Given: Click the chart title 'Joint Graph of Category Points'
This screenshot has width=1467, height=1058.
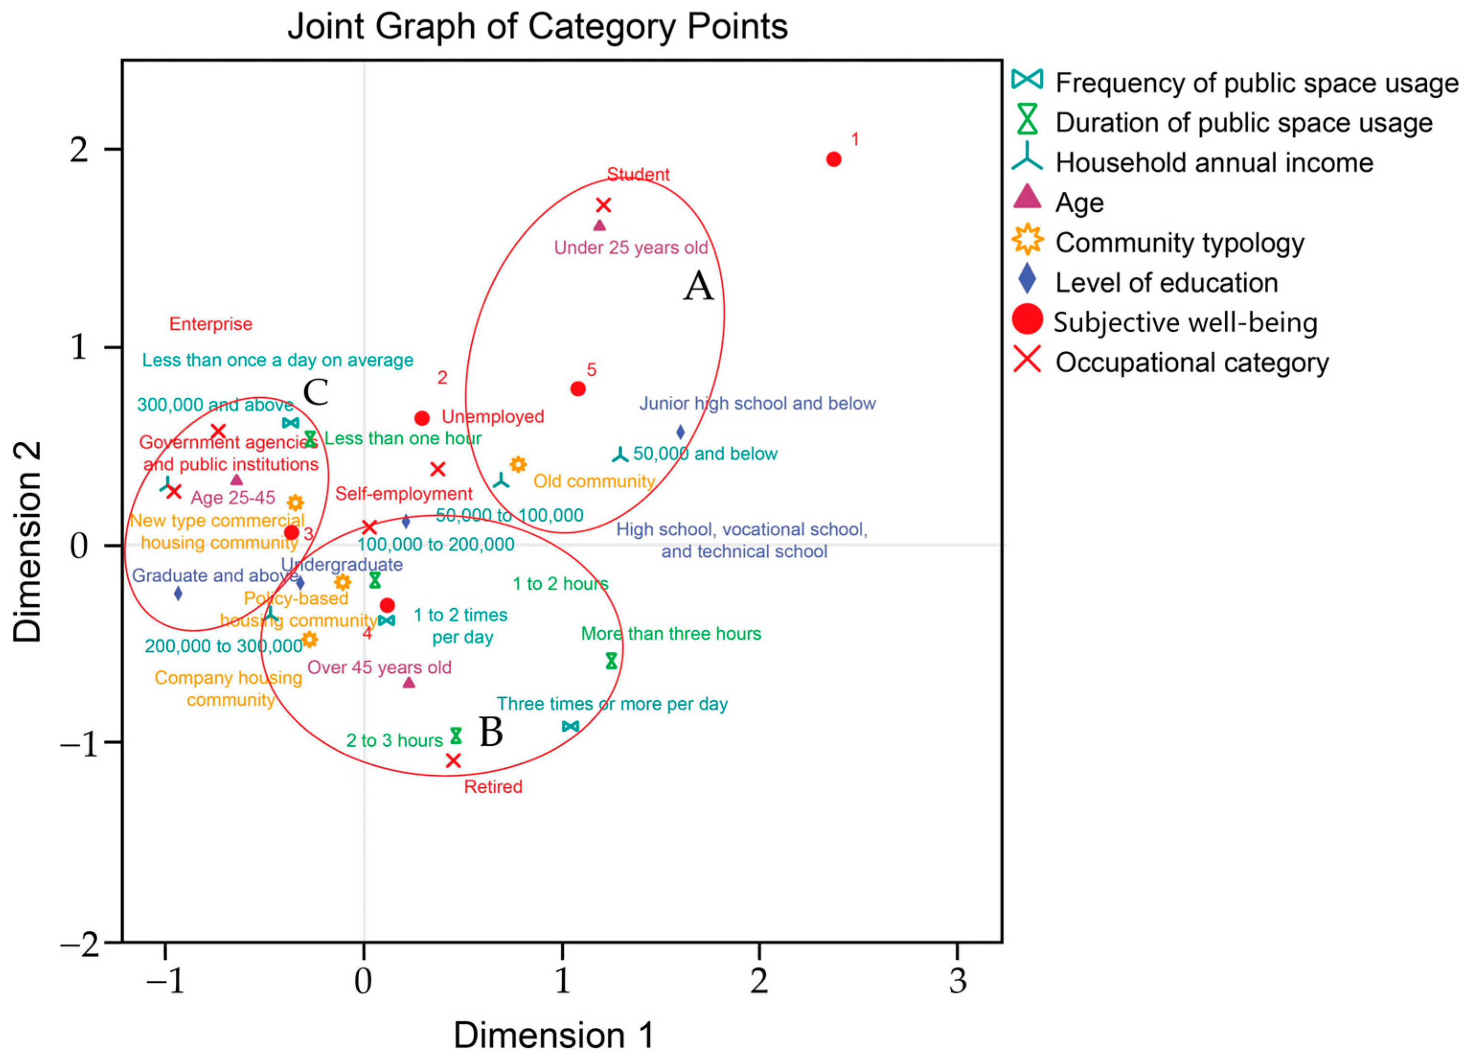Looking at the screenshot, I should (537, 27).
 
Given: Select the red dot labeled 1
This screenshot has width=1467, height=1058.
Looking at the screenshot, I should (834, 159).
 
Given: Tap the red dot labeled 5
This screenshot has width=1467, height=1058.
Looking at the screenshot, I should (578, 389).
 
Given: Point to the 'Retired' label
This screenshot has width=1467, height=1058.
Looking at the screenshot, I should (493, 787).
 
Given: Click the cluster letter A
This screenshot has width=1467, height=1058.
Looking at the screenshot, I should (699, 287).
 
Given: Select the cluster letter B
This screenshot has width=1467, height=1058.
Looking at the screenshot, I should (491, 733).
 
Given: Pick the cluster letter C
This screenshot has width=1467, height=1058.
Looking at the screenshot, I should (316, 392).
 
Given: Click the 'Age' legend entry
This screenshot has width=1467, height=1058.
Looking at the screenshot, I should (1079, 203).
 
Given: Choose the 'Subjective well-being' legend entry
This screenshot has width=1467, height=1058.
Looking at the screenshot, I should (1185, 323).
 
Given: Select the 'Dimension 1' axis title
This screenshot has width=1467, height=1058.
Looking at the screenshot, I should (554, 1035).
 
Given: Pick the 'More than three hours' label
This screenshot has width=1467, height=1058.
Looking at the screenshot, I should (671, 634).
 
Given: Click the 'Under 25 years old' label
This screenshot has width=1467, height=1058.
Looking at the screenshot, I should (631, 248).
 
